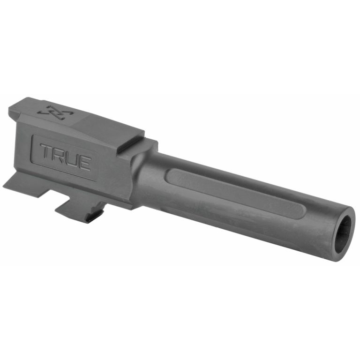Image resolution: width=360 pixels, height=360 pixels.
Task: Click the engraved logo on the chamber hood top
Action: coord(50,112)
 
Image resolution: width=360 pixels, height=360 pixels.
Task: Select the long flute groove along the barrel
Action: coord(234,192)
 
